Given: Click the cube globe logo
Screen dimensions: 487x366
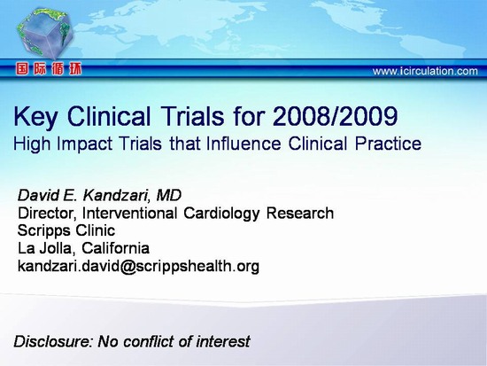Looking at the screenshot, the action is pos(44,34).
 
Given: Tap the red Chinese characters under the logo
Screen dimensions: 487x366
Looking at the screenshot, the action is pos(49,69).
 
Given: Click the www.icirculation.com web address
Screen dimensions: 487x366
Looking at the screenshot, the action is pos(425,71).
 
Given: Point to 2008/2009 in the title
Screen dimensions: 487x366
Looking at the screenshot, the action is pos(335,116).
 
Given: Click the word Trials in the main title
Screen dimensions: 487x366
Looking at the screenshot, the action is pos(192,116).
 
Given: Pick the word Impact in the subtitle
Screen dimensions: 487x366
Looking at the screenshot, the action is pos(85,144).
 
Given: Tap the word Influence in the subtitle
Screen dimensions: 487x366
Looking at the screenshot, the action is pos(243,144).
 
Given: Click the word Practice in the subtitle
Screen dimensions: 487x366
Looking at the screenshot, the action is pos(388,144).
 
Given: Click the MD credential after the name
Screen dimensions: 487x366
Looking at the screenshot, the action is pos(168,195).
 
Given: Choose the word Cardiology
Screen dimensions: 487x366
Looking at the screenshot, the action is pos(221,214).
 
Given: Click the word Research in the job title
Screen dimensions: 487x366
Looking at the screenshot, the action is pos(300,214).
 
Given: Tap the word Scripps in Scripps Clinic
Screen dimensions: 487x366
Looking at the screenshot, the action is pos(43,231).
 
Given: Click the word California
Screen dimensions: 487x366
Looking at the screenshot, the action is pos(115,248).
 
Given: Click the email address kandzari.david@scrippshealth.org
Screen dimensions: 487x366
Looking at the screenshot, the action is pos(138,267).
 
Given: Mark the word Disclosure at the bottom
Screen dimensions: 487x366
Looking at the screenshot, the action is pos(53,341).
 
